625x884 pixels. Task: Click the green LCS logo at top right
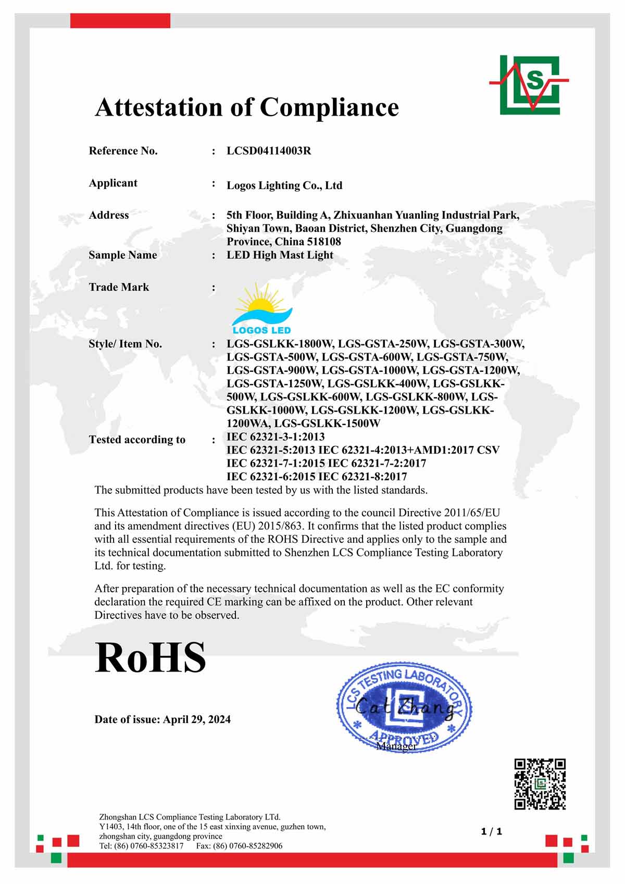pyautogui.click(x=530, y=84)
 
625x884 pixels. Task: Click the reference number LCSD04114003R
pyautogui.click(x=269, y=151)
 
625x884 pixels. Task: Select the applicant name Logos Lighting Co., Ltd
pyautogui.click(x=284, y=185)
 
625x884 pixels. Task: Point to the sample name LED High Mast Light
pyautogui.click(x=280, y=255)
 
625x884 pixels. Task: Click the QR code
pyautogui.click(x=540, y=783)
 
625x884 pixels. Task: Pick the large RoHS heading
pyautogui.click(x=151, y=658)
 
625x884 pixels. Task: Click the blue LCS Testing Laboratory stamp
pyautogui.click(x=404, y=706)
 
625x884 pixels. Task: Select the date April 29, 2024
pyautogui.click(x=197, y=719)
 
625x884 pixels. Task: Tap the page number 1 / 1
pyautogui.click(x=492, y=831)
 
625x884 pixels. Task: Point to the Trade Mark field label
pyautogui.click(x=119, y=287)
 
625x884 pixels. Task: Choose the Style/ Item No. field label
pyautogui.click(x=125, y=344)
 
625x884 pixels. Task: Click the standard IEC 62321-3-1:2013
pyautogui.click(x=276, y=437)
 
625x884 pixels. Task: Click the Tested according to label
pyautogui.click(x=137, y=440)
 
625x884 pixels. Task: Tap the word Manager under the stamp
pyautogui.click(x=396, y=746)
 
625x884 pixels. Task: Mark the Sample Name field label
pyautogui.click(x=122, y=255)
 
